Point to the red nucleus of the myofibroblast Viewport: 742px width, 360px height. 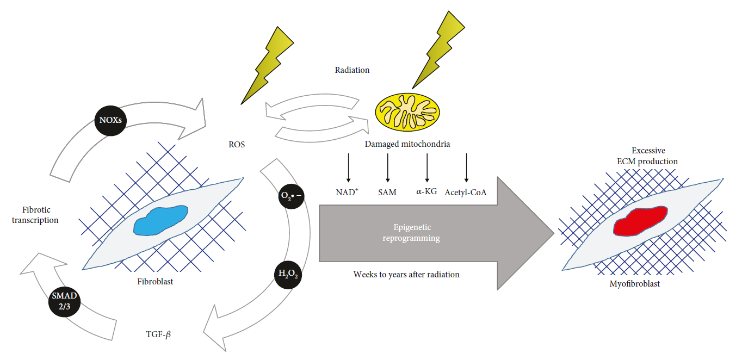640,221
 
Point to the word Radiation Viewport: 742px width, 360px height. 353,70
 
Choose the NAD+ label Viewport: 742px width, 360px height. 348,192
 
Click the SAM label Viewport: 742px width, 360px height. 387,192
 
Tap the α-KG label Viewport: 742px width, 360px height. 426,192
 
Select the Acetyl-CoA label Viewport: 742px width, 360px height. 466,192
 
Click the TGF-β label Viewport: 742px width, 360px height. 157,335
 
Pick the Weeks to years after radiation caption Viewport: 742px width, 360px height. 406,275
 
